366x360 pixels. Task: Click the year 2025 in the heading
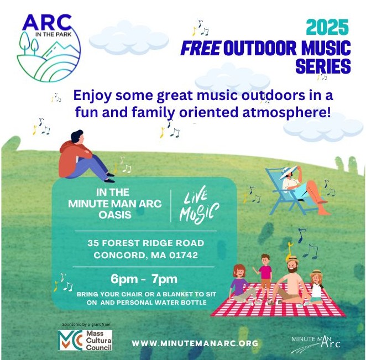tap(327, 27)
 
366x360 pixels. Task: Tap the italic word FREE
tap(201, 48)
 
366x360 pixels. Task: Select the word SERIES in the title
tap(323, 66)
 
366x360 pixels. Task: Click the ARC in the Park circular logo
tap(49, 48)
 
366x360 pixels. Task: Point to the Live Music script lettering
tap(199, 205)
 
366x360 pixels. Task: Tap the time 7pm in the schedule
tap(164, 279)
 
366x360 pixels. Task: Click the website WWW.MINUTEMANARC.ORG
tap(195, 343)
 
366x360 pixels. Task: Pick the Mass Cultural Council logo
tap(85, 340)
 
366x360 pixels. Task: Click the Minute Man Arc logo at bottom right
tap(316, 344)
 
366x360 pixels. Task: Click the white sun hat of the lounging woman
tap(288, 172)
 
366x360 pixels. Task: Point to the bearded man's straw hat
tap(292, 259)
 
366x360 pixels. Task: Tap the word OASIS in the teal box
tap(115, 215)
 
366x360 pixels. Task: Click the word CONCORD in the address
tap(121, 255)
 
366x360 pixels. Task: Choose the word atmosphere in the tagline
tap(286, 112)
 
